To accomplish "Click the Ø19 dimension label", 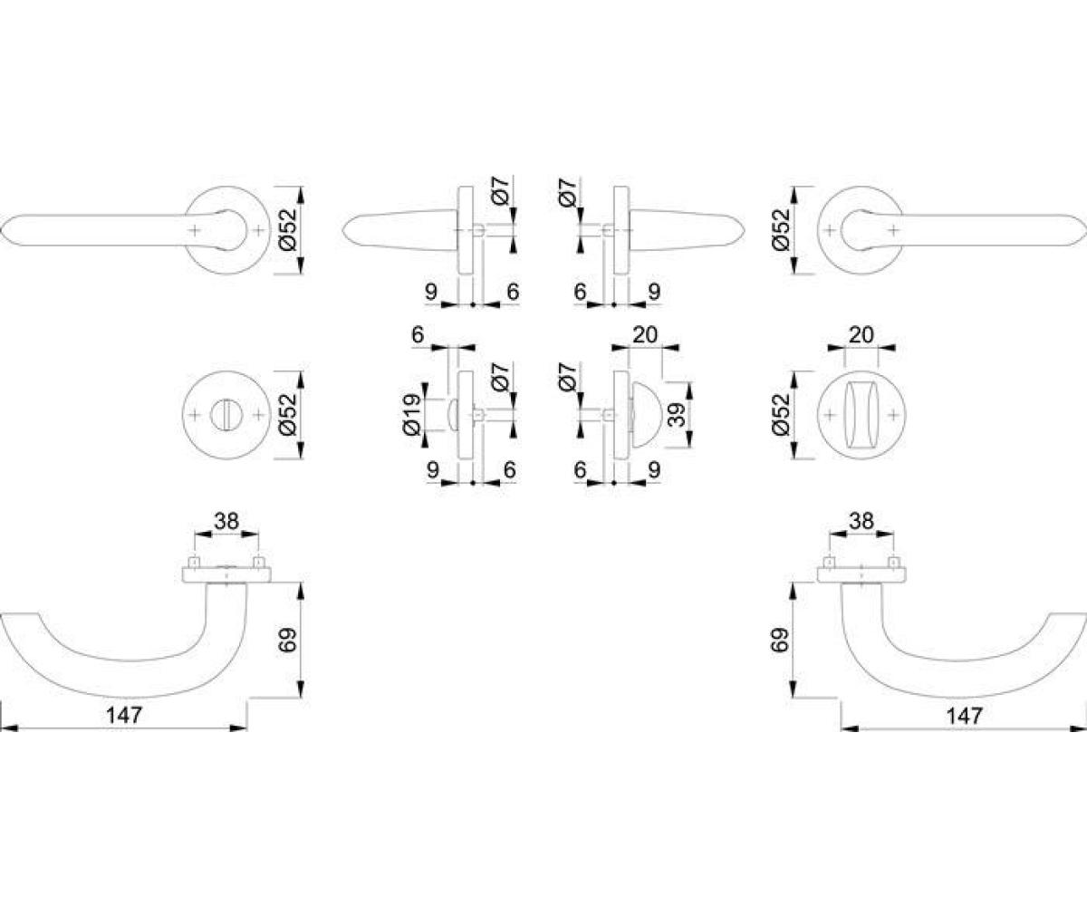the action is tap(411, 415).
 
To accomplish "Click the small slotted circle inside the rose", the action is tap(226, 415).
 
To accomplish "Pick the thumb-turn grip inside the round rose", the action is tap(861, 415).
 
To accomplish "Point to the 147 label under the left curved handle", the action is tap(124, 715).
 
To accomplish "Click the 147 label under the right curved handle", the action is tap(964, 715).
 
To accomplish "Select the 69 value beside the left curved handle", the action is tap(287, 640).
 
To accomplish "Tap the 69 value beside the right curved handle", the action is tap(780, 640).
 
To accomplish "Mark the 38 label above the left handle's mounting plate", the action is tap(226, 521).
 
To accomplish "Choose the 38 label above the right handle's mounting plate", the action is tap(861, 521).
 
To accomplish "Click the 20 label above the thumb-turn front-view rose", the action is tap(861, 335).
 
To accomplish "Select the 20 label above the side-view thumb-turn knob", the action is tap(645, 335).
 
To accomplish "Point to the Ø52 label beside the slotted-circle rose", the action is tap(287, 415).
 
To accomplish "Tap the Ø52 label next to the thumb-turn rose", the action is tap(780, 415).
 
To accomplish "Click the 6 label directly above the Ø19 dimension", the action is tap(418, 335).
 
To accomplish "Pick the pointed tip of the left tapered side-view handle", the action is tap(342, 230).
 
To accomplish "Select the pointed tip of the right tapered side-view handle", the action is tap(745, 230).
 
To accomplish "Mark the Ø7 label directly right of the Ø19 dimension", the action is tap(500, 376).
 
